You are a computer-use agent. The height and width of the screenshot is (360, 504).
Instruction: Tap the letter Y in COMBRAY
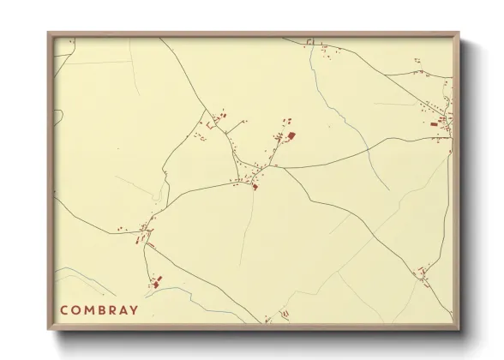tap(134, 310)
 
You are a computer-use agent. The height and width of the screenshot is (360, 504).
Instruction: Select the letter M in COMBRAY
tap(88, 310)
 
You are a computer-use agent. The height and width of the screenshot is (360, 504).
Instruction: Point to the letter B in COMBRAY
tap(100, 310)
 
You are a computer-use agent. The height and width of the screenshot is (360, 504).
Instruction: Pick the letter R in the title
tap(111, 310)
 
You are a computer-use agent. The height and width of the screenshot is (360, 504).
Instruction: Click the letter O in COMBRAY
tap(76, 310)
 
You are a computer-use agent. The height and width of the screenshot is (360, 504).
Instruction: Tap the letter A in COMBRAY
tap(123, 310)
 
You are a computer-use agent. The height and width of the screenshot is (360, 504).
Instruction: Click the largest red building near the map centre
tap(291, 135)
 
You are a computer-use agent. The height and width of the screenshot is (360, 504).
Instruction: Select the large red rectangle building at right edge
tap(435, 125)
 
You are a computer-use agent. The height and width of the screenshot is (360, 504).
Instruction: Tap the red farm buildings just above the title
tap(155, 281)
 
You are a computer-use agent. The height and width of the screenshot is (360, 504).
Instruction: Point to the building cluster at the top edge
tap(326, 51)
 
